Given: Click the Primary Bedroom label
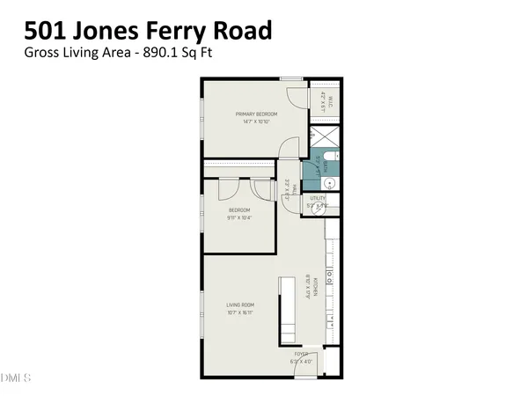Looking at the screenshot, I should [256, 114].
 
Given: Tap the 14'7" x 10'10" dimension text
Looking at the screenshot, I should [256, 121].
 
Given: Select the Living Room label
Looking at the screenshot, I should [240, 305].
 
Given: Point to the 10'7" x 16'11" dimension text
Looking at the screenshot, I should [240, 312].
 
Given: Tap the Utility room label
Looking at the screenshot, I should [318, 199].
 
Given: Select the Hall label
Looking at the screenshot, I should [288, 187].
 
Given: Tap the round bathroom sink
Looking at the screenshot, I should [331, 183].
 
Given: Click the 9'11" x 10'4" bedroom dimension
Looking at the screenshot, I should [240, 217].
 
